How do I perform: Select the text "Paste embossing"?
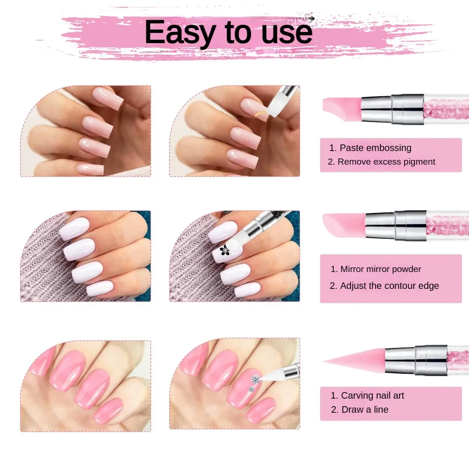pyautogui.click(x=375, y=148)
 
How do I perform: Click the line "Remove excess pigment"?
pyautogui.click(x=386, y=162)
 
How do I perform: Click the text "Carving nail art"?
pyautogui.click(x=372, y=395)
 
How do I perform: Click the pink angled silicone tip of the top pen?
pyautogui.click(x=341, y=106)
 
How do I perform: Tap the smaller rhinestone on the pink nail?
pyautogui.click(x=251, y=389)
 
